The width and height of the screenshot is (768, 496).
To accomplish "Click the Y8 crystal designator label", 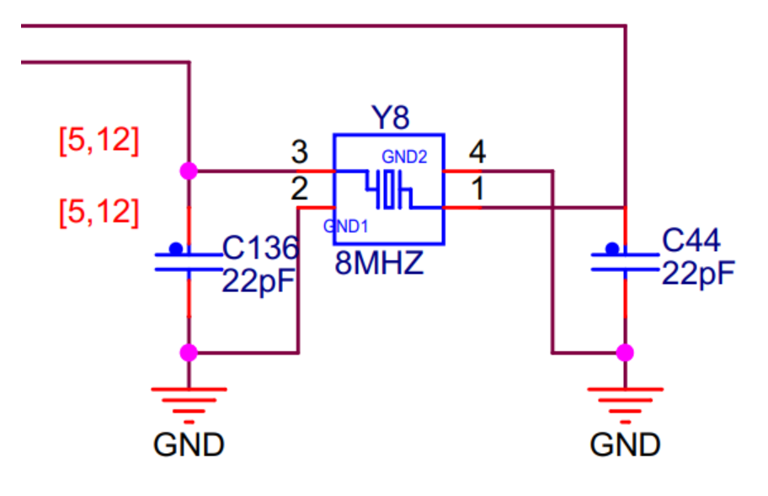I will pyautogui.click(x=390, y=118).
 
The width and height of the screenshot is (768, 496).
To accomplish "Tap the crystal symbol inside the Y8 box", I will pyautogui.click(x=388, y=189).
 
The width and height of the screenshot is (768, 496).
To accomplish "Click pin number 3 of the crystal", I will pyautogui.click(x=299, y=153).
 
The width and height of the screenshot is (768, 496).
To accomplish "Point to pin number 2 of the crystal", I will pyautogui.click(x=299, y=189).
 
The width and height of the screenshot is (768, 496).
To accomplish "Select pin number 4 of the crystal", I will pyautogui.click(x=477, y=153).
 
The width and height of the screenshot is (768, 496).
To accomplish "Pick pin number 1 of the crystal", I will pyautogui.click(x=477, y=190).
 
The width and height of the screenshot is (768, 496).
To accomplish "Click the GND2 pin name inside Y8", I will pyautogui.click(x=404, y=157).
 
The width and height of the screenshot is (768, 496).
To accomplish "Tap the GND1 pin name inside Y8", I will pyautogui.click(x=345, y=226).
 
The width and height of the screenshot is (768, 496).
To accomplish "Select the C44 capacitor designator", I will pyautogui.click(x=691, y=243).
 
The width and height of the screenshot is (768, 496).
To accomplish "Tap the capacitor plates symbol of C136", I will pyautogui.click(x=187, y=259).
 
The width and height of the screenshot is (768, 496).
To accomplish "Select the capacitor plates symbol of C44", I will pyautogui.click(x=624, y=259).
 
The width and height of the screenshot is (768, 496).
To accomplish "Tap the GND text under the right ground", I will pyautogui.click(x=625, y=444).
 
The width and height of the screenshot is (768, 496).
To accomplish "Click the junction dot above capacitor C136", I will pyautogui.click(x=188, y=170).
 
